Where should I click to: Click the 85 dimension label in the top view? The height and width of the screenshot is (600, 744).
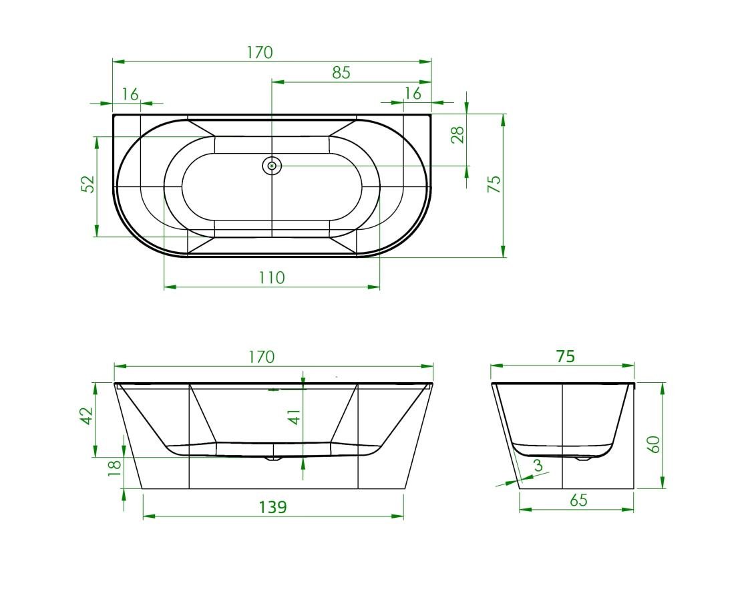pyautogui.click(x=341, y=73)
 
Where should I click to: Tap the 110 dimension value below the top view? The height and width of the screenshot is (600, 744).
pyautogui.click(x=272, y=278)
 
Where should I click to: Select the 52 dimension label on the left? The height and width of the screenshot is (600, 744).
pyautogui.click(x=89, y=184)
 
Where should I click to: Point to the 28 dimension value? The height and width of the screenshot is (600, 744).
pyautogui.click(x=458, y=135)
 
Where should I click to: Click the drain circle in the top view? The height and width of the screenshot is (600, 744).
pyautogui.click(x=272, y=166)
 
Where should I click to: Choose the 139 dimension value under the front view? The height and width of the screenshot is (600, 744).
pyautogui.click(x=273, y=507)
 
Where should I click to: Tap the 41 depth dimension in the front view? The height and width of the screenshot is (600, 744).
pyautogui.click(x=295, y=417)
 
